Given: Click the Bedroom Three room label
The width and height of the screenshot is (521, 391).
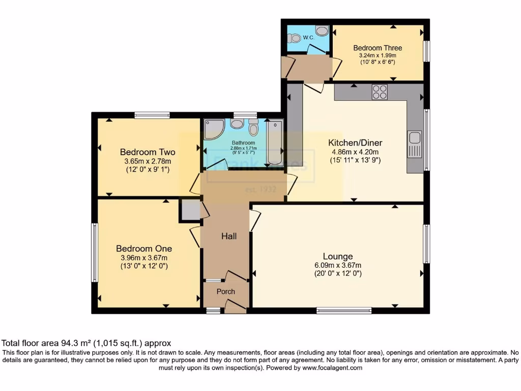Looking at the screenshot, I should point(374,48).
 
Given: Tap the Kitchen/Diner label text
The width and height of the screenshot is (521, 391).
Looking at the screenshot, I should point(355,143).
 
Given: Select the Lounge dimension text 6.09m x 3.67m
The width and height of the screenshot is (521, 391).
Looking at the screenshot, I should point(338,265).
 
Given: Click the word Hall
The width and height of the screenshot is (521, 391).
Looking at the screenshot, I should point(228,236).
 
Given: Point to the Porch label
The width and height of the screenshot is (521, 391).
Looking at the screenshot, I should point(225,292).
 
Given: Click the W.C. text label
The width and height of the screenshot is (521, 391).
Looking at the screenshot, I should point(308,38).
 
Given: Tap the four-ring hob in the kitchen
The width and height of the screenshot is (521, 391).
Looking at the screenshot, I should point(380,92).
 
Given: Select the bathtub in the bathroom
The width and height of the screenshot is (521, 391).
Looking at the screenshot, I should point(275,142).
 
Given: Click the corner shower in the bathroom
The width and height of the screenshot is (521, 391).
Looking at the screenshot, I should point(213,129).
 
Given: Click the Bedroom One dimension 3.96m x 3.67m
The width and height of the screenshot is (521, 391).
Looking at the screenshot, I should point(144,258).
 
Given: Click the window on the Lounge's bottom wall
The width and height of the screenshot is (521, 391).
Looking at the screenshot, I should point(344,310).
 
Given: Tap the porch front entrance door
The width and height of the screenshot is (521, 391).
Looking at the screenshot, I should point(235,306).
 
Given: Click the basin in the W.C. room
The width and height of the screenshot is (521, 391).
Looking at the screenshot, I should point(322,31).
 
